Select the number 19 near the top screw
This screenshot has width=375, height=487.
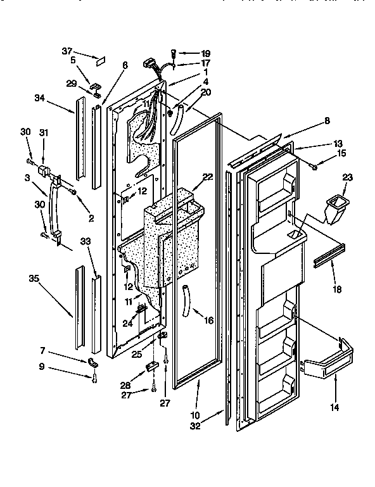[205, 54]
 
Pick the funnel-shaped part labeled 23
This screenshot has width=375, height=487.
[336, 209]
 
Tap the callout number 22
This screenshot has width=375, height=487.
[208, 177]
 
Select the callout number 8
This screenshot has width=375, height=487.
[327, 120]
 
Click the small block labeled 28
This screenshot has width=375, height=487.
[152, 367]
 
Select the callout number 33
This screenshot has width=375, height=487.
[84, 242]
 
